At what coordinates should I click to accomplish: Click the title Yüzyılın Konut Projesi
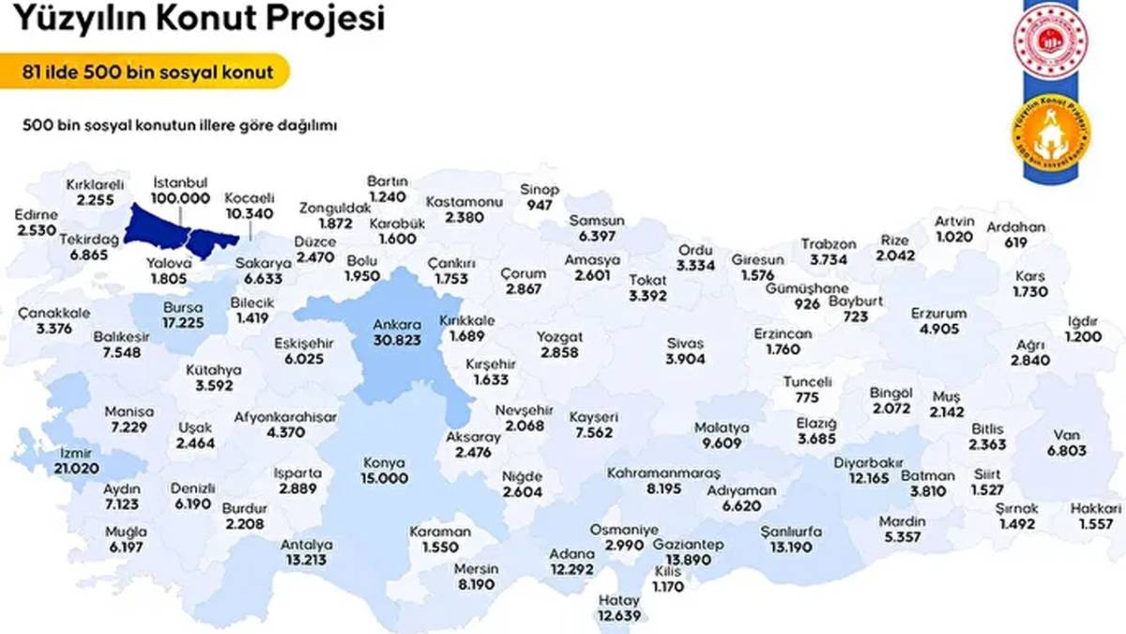pos(198,18)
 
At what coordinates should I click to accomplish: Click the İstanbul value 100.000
pos(179,198)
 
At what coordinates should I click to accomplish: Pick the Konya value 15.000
pos(385,478)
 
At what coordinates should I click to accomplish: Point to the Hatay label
pos(618,600)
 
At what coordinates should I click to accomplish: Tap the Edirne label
pos(37,215)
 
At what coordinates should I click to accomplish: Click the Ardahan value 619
pos(1016,242)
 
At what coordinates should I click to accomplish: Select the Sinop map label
pos(540,189)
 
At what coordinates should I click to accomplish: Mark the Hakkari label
pos(1095,508)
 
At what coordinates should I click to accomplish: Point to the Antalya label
pos(308,545)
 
